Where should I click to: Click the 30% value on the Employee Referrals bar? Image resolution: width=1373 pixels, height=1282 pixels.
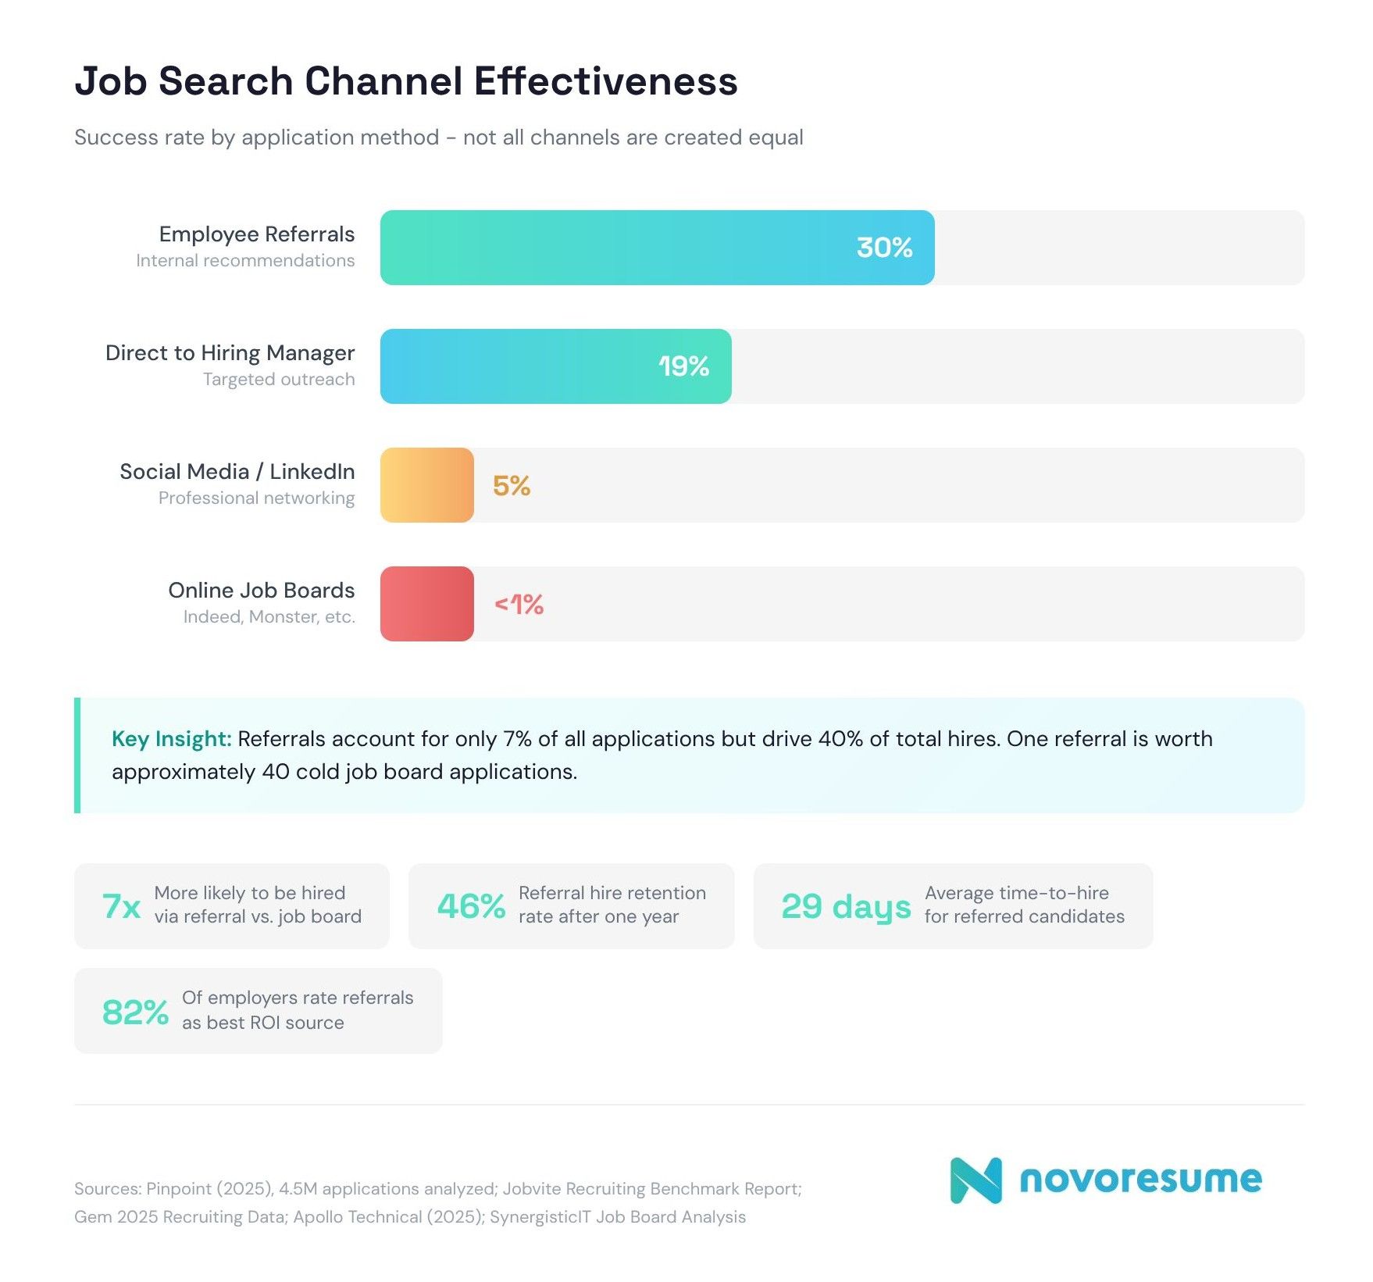(884, 248)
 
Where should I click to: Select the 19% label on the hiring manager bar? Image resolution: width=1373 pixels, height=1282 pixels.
(683, 366)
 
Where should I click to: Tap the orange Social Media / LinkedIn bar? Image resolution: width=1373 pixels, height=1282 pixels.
(426, 485)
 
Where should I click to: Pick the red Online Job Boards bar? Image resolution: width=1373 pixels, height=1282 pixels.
(426, 604)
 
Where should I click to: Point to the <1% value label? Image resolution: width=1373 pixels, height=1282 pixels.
(519, 604)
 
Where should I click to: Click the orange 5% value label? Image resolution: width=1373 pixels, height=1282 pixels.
(512, 485)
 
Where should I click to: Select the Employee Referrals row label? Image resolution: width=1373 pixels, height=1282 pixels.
(256, 234)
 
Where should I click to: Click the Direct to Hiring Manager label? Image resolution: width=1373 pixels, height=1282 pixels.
(230, 353)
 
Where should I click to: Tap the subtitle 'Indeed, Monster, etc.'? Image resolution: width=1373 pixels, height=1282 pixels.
(269, 617)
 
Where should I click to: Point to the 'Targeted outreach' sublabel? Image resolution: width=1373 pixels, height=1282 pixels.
(279, 380)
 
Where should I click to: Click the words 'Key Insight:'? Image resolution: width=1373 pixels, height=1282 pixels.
(171, 739)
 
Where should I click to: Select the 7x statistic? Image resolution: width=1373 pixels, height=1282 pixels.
(121, 906)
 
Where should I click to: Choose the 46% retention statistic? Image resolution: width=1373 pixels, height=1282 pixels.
(471, 906)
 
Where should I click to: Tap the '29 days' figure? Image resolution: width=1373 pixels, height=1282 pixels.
(846, 906)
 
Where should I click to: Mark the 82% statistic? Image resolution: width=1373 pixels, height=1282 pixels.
(135, 1012)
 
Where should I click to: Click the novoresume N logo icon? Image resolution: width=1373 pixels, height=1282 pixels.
(975, 1180)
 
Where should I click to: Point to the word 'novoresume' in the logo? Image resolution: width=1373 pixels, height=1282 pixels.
(1140, 1179)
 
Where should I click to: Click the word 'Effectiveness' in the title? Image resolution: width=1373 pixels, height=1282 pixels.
(605, 81)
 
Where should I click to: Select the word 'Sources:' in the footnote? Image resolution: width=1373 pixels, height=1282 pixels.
(107, 1189)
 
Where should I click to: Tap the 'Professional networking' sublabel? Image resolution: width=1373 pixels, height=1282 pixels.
(256, 498)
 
